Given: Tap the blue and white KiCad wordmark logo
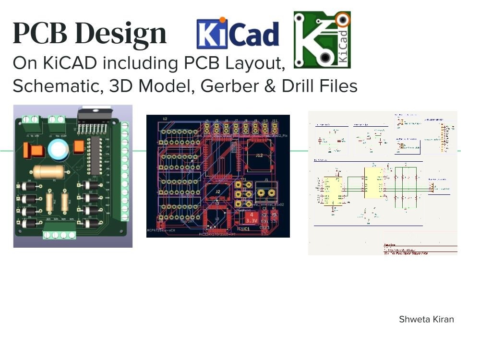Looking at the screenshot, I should (x=238, y=34).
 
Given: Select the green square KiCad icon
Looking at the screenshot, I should (x=322, y=40).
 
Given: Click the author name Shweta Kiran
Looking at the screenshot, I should (x=426, y=319).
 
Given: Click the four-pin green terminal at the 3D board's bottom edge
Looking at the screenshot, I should (x=60, y=235).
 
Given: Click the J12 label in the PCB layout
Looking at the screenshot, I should (x=259, y=155).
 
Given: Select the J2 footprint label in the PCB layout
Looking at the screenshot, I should (x=218, y=192).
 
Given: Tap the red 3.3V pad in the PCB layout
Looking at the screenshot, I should (x=251, y=217).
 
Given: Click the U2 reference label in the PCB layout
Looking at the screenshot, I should (x=165, y=119).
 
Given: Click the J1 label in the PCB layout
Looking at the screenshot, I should (x=266, y=181).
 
